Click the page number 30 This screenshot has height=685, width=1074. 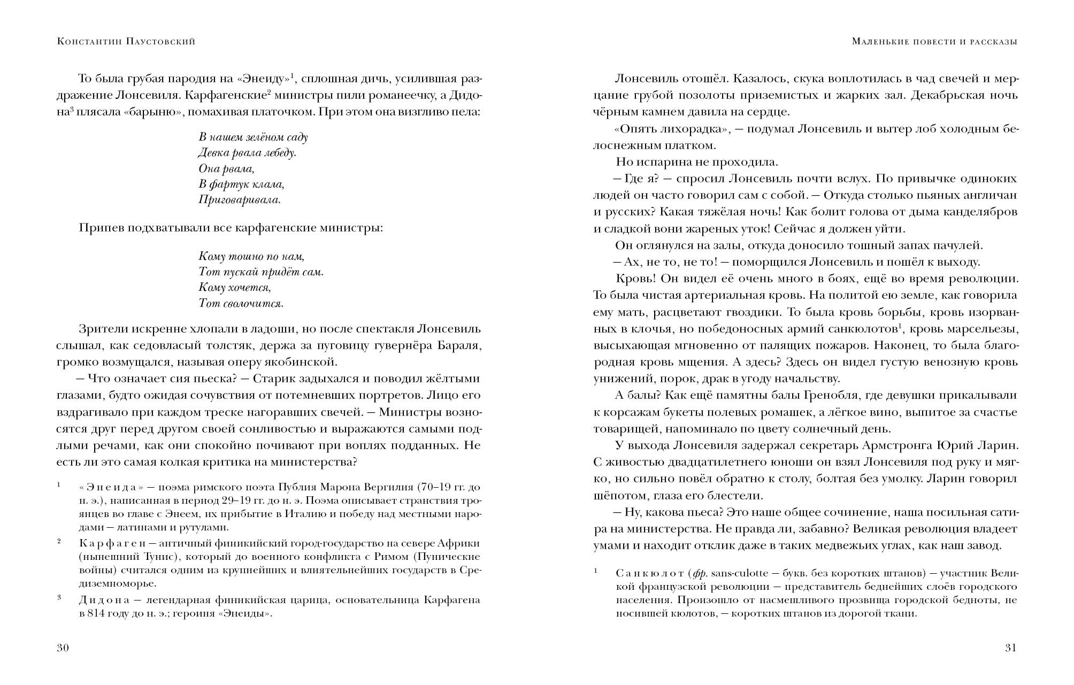(63, 648)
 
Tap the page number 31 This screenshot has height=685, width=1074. (1010, 648)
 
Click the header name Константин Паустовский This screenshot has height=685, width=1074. (126, 41)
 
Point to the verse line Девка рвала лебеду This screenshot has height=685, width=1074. (247, 153)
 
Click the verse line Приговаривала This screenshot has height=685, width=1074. (240, 200)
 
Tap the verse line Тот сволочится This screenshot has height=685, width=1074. (241, 303)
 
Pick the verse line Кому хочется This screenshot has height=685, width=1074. (235, 287)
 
